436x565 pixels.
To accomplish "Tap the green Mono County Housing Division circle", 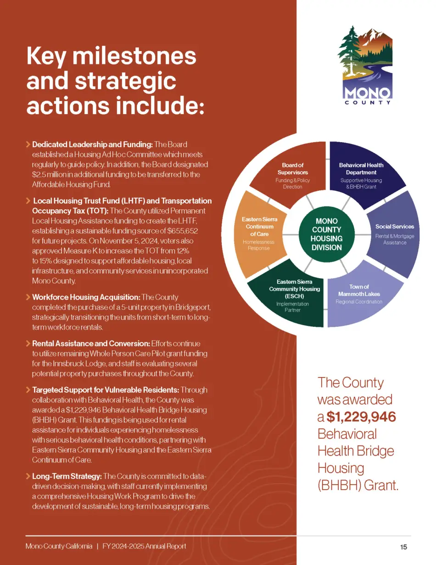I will [x=326, y=234].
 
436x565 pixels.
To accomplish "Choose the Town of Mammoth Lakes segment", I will [x=359, y=294].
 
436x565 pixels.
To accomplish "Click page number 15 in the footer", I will [x=403, y=547].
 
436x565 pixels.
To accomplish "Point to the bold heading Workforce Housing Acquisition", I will [x=86, y=297].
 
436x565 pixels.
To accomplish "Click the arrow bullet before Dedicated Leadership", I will [x=28, y=145].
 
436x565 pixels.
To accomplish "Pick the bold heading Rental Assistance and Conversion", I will [x=90, y=343].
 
